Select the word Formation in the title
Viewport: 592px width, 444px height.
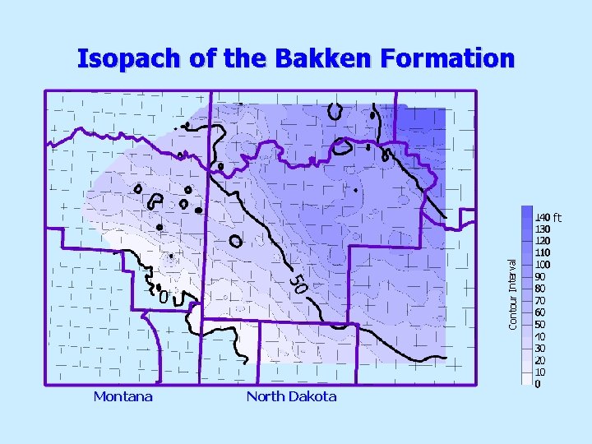[444, 59]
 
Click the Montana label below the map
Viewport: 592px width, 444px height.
[123, 396]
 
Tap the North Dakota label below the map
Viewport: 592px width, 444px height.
[291, 396]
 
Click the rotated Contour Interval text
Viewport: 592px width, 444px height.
[513, 294]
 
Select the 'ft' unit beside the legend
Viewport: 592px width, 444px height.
[557, 218]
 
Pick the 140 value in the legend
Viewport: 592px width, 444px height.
[543, 218]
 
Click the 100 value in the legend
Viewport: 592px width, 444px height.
[543, 265]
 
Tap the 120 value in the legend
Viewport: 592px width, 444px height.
[543, 241]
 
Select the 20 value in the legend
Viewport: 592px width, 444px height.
[539, 360]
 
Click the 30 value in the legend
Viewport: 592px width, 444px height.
[539, 348]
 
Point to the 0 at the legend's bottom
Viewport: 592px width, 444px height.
[538, 384]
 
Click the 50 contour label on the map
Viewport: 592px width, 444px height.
[298, 284]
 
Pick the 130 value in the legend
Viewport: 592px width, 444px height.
[543, 229]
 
